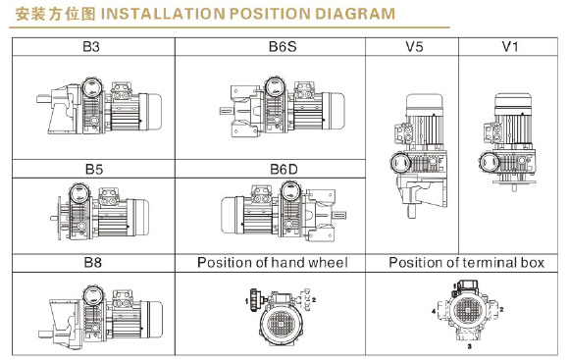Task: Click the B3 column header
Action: (91, 47)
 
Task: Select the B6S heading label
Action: (283, 47)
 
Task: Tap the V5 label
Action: (414, 47)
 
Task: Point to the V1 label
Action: (509, 47)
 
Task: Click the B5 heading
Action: (93, 169)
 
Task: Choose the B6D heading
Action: (284, 169)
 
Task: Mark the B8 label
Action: (93, 262)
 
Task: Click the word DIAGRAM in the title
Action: (355, 14)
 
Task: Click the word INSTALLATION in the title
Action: (163, 14)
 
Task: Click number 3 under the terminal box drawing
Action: (469, 346)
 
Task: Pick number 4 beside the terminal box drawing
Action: (434, 311)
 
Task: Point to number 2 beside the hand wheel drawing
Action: (314, 300)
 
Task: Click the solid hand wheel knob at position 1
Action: (254, 300)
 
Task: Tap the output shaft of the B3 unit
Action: (43, 98)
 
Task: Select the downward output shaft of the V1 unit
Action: (514, 188)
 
